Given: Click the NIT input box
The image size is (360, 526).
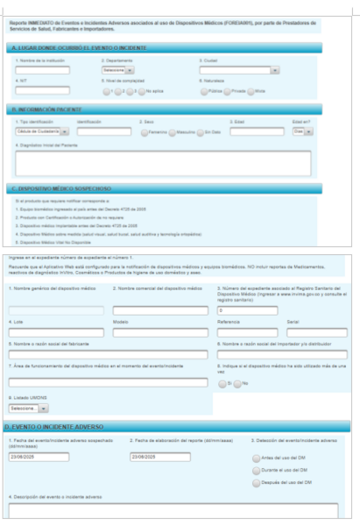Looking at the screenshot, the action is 41,89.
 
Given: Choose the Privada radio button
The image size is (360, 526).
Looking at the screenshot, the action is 230,90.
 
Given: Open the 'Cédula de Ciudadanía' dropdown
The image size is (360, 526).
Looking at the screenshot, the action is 41,131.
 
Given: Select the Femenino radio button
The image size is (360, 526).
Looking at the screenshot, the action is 145,132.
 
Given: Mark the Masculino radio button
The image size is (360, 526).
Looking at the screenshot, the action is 174,132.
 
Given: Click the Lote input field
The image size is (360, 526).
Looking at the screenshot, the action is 54,309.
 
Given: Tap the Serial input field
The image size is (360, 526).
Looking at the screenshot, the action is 316,309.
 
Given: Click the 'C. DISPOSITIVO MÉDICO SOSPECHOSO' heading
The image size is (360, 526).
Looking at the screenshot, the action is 61,188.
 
